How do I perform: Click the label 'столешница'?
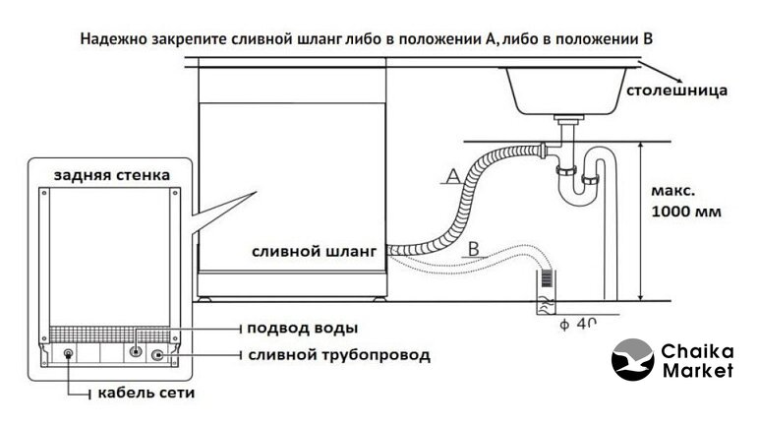pyautogui.click(x=677, y=91)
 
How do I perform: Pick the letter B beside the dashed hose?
pyautogui.click(x=474, y=248)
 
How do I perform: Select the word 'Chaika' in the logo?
pyautogui.click(x=699, y=349)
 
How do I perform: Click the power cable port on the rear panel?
pyautogui.click(x=68, y=354)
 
